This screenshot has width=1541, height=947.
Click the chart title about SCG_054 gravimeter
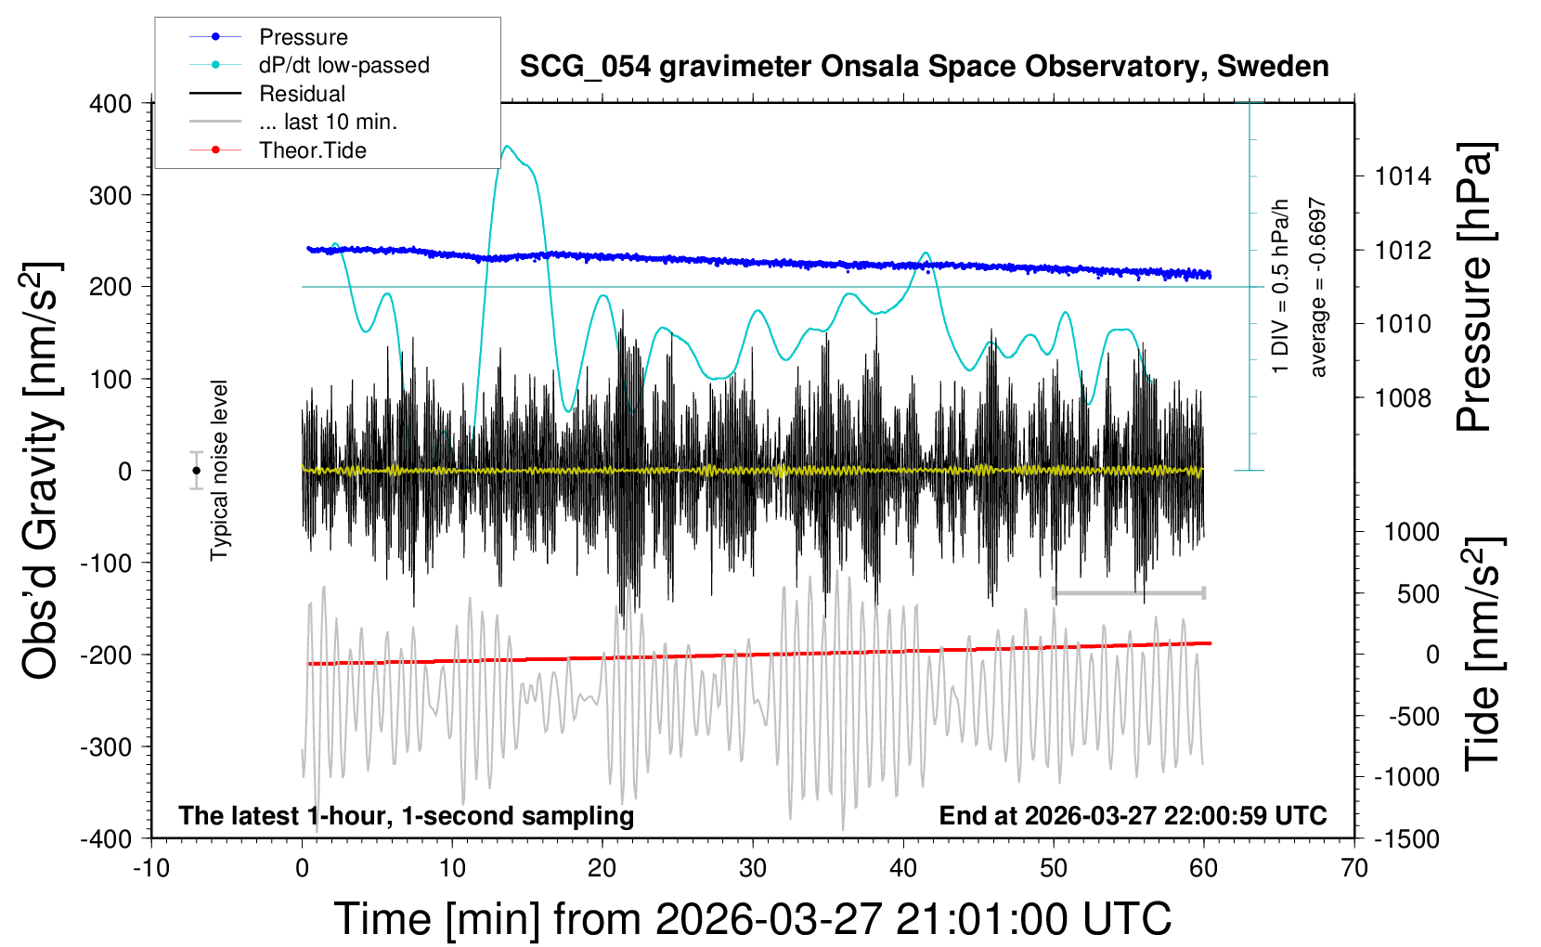(x=924, y=67)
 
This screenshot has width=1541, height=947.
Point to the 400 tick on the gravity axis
(x=110, y=104)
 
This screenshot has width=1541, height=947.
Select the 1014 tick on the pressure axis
(x=1403, y=176)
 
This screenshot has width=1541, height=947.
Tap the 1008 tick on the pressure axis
(x=1403, y=398)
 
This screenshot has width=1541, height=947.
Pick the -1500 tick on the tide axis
(x=1406, y=838)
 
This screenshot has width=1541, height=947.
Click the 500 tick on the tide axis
(x=1418, y=594)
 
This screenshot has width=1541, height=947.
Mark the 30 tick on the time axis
(x=753, y=868)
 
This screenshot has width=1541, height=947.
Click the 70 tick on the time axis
(x=1354, y=868)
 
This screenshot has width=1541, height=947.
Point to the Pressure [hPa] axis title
(x=1474, y=287)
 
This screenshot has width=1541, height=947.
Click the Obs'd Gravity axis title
(x=41, y=471)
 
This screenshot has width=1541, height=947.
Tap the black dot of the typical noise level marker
(x=196, y=471)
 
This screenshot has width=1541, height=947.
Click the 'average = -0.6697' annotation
(x=1317, y=287)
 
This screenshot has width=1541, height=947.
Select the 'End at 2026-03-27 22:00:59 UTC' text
(x=1133, y=815)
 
